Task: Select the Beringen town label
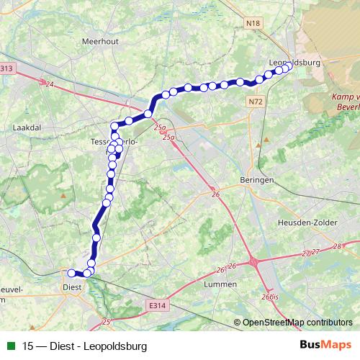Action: pos(256,181)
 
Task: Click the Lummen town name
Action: pos(220,284)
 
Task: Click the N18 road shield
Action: pos(252,24)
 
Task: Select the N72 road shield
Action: pos(256,103)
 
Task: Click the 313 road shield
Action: pos(6,68)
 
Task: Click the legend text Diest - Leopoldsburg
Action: pos(84,346)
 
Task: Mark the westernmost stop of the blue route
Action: pos(71,273)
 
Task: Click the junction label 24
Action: pos(49,84)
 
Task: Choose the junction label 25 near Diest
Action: pos(107,322)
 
